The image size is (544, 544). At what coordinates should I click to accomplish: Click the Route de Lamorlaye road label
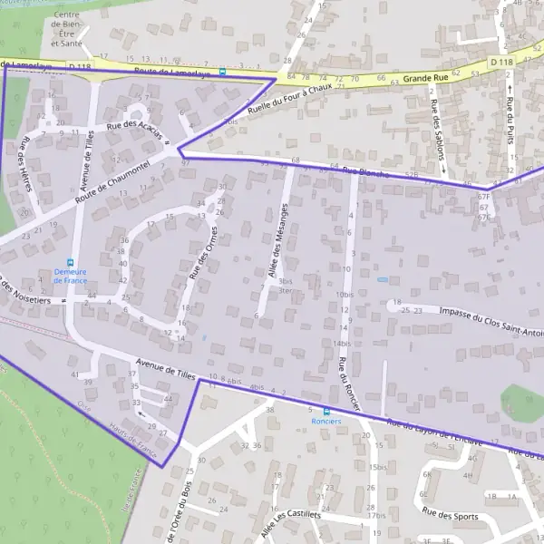[x=166, y=71]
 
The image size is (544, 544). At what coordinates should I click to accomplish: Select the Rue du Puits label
[x=510, y=122]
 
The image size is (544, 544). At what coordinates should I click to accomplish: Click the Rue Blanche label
[x=364, y=171]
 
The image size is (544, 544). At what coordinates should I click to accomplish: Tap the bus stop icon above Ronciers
[x=326, y=411]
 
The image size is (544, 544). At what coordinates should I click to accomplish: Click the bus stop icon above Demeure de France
[x=71, y=260]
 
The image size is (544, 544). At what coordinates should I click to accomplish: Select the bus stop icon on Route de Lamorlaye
[x=222, y=71]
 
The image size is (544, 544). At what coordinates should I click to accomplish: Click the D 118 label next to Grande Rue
[x=500, y=62]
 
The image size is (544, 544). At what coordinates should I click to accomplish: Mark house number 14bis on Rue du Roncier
[x=342, y=344]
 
